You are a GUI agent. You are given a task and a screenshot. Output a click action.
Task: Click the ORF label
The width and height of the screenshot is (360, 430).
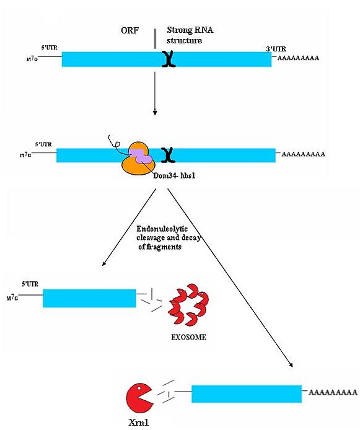[130, 30]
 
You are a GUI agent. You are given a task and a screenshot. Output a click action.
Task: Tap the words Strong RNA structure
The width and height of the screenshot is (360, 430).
[190, 35]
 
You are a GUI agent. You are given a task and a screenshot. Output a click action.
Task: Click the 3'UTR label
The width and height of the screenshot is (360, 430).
[276, 49]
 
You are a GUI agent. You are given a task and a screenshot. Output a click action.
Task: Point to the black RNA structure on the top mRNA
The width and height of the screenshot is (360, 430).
[169, 59]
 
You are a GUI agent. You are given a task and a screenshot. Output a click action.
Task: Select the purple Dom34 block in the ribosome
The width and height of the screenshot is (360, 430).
[141, 156]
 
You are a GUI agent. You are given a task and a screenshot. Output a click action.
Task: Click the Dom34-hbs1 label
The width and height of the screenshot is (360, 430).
[174, 175]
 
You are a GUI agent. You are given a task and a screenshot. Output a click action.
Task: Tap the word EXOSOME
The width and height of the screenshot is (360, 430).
[188, 337]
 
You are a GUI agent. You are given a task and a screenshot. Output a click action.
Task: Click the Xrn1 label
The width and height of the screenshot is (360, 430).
[138, 423]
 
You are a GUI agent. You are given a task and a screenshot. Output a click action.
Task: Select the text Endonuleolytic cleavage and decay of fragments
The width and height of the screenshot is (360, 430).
[169, 238]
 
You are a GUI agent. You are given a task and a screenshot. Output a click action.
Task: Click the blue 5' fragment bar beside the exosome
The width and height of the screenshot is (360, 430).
[89, 299]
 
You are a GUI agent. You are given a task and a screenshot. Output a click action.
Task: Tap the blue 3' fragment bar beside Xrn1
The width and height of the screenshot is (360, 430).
[247, 394]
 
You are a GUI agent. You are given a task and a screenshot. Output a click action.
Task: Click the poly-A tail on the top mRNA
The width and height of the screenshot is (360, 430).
[298, 58]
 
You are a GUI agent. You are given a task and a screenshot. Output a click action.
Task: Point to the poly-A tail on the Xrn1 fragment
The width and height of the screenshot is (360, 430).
[333, 392]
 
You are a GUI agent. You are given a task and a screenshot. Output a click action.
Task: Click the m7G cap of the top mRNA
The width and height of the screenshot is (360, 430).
[32, 59]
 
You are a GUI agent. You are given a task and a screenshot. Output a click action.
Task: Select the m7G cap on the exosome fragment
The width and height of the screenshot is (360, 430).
[12, 298]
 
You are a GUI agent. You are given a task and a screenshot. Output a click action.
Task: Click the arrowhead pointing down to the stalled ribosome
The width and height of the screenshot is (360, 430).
[155, 112]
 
